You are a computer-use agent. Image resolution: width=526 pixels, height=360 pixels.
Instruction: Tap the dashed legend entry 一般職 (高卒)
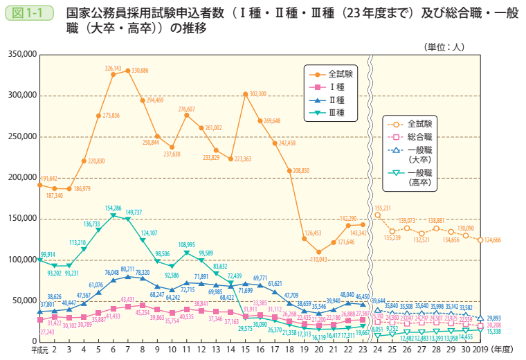(418, 177)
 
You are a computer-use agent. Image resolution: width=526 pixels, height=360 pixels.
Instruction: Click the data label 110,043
(318, 259)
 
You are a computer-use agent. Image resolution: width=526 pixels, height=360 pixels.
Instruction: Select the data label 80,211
(128, 269)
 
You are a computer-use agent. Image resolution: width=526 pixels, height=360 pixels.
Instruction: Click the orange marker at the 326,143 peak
(113, 74)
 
